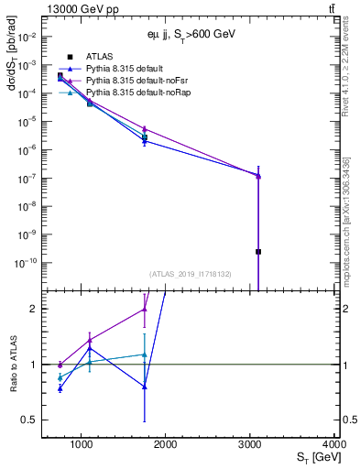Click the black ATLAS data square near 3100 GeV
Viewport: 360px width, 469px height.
pyautogui.click(x=258, y=251)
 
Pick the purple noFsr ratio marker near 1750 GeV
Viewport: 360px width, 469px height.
pyautogui.click(x=145, y=309)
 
